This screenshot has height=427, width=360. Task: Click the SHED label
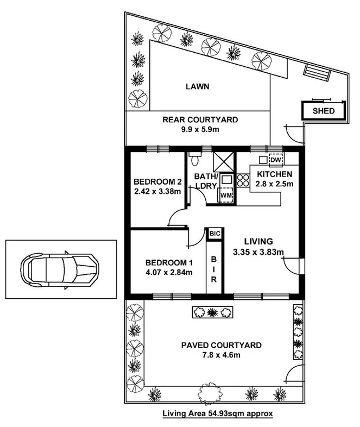(324, 111)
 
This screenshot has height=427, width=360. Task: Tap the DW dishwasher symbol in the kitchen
(276, 160)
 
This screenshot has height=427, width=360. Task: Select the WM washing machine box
(226, 195)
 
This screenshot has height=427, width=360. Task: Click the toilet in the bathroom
(195, 159)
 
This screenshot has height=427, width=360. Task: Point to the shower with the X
(223, 162)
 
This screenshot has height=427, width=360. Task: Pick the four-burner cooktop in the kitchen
(243, 180)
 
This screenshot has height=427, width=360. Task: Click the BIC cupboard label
(214, 234)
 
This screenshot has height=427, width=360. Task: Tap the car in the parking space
(60, 269)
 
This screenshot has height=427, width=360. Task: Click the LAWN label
(198, 86)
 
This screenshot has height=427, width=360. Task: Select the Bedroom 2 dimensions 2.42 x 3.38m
(157, 191)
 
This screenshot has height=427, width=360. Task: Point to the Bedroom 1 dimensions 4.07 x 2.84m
(169, 272)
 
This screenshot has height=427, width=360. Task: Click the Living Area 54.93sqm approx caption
(218, 413)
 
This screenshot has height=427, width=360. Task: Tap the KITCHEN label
(275, 174)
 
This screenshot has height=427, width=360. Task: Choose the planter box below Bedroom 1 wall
(213, 312)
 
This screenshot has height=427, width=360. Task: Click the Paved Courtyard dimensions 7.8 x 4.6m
(221, 355)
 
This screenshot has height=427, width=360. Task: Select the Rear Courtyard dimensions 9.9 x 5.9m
(200, 129)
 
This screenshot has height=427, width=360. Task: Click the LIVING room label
(258, 241)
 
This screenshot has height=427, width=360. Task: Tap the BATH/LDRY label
(206, 181)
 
